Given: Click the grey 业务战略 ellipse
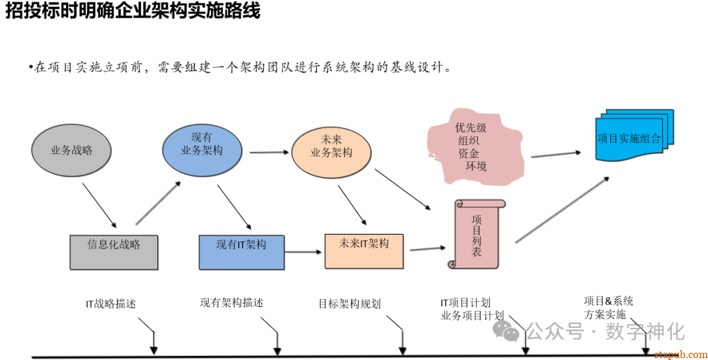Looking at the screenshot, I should (x=71, y=150).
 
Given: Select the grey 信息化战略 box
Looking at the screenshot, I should (x=113, y=251).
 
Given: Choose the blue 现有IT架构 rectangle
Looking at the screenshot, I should (x=241, y=252).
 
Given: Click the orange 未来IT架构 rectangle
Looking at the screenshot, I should (x=364, y=250).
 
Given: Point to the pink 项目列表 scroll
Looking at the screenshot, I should (x=477, y=235).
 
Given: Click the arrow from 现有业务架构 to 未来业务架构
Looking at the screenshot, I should (x=269, y=153).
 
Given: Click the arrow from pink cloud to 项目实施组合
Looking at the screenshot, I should (x=555, y=154).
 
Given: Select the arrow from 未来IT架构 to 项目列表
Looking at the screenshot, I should (x=427, y=249).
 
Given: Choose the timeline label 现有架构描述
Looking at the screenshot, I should (x=231, y=303).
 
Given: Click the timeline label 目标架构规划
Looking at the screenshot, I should (x=349, y=304).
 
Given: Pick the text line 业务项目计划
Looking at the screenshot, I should (x=472, y=315).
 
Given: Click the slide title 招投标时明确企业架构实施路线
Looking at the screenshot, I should (x=133, y=11).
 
